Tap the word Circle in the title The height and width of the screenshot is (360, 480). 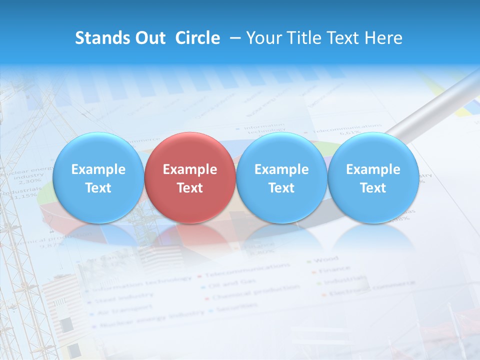point(197,38)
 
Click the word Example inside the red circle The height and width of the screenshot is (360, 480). point(190,169)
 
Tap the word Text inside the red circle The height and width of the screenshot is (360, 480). point(190,188)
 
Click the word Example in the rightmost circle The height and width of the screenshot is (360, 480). point(373,169)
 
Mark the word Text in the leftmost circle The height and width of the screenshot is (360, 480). point(98,188)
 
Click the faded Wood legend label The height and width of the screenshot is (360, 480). point(327,259)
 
